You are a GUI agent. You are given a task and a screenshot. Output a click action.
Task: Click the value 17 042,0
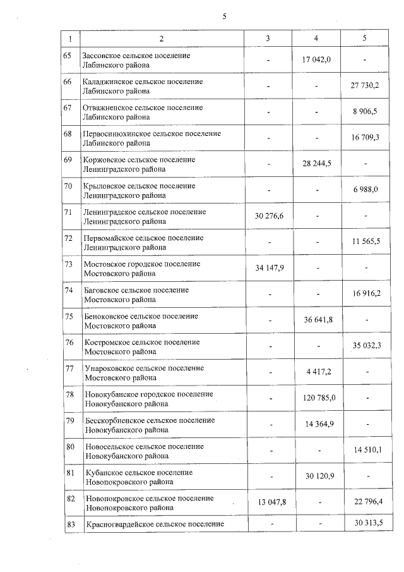point(316,59)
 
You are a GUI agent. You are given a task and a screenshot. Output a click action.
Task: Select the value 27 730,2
point(365,85)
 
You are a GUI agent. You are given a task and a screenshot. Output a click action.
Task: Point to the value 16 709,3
point(365,137)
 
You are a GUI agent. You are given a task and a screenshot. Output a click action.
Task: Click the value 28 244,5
point(317,163)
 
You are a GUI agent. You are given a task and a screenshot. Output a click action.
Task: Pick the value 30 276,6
point(270,216)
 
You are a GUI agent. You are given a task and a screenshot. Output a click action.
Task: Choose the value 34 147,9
point(270,267)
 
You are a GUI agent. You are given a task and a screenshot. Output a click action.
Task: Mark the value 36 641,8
point(317,319)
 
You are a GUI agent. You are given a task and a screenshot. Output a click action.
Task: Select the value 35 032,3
point(365,345)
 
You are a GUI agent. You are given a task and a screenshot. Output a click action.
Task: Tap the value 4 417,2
point(316,372)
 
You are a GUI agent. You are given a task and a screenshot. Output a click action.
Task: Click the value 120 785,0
point(317,398)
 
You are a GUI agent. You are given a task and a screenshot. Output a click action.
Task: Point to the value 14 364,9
point(317,423)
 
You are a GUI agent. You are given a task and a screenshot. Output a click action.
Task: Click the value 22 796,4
point(365,502)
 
